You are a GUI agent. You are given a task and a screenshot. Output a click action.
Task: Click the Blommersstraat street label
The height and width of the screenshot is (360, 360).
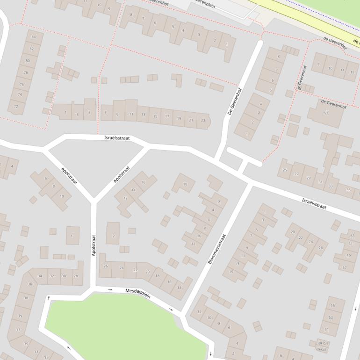217,249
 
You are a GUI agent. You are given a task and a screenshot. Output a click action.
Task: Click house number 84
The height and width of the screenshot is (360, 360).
33,36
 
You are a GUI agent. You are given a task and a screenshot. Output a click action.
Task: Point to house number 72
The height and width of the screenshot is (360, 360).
16,106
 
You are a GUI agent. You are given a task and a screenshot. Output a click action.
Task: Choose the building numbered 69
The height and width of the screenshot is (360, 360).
326,112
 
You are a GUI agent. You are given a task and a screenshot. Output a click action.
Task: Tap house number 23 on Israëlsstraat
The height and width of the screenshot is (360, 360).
202,121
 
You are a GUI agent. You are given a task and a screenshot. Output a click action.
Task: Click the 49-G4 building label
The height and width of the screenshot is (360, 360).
322,344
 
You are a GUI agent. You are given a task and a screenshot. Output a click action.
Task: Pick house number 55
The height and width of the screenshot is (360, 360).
333,305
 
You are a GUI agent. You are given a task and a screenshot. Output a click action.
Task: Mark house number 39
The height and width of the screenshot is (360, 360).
20,316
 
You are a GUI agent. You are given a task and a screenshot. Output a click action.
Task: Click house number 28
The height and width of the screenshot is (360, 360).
75,276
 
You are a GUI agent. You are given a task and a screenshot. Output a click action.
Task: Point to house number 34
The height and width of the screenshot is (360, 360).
40,276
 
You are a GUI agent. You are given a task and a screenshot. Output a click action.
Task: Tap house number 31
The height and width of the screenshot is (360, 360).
320,182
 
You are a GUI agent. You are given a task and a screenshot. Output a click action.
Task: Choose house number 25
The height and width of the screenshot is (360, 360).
285,170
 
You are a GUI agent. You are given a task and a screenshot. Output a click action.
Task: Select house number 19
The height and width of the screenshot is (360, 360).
179,119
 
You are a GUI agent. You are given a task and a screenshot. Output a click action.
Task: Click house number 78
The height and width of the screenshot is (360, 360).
25,72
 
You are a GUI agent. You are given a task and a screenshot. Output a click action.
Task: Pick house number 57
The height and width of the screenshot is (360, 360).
345,268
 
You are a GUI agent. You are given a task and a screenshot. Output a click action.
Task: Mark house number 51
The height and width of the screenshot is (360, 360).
327,330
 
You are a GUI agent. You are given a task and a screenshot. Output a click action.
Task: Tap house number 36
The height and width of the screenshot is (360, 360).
29,284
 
